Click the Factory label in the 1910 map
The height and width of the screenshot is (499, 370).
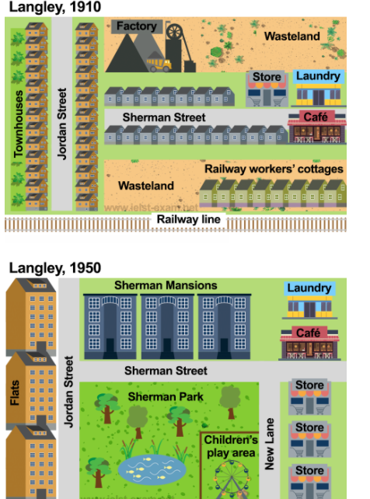tap(137, 26)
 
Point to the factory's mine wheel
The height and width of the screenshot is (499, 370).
tap(174, 32)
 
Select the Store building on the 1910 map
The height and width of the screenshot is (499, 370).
tap(267, 89)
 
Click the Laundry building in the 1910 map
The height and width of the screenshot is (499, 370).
tap(319, 88)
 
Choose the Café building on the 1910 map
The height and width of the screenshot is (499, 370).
tap(316, 127)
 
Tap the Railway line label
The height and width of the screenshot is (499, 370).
tap(189, 219)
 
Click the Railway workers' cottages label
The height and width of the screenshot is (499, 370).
tap(274, 169)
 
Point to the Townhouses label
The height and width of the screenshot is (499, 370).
tap(19, 124)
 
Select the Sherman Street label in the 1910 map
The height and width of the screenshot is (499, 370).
tap(164, 117)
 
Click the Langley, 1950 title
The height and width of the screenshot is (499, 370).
tap(55, 267)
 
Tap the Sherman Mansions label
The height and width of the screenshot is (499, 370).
tap(166, 285)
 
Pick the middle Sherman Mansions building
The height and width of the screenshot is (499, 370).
tap(167, 326)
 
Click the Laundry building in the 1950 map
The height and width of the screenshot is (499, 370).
tap(309, 300)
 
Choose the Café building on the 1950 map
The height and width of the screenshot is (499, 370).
tap(309, 344)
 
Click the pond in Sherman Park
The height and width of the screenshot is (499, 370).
tap(152, 469)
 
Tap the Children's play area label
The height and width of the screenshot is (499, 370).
tap(231, 446)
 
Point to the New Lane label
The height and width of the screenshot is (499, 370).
tap(270, 444)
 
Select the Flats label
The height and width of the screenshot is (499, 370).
tap(15, 393)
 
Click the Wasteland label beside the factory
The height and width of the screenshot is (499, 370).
tap(292, 37)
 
